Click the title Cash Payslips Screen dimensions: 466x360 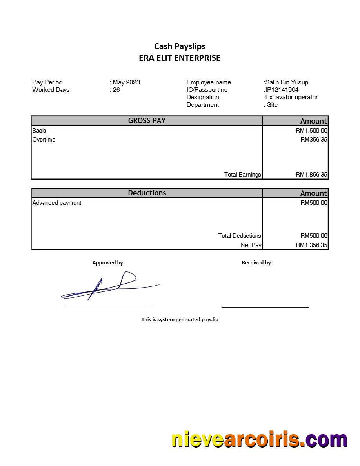tap(180, 46)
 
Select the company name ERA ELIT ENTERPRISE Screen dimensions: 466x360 tap(180, 58)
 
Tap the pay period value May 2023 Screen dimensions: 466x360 tap(126, 82)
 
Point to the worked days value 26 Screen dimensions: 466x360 tap(116, 90)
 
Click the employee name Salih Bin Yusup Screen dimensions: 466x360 tap(287, 82)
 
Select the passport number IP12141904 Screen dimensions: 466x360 tap(282, 90)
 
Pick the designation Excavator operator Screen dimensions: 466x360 tap(291, 97)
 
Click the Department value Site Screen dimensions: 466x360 tap(272, 105)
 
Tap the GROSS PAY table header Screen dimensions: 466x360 tap(147, 121)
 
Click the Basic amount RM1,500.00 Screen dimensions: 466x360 tap(311, 131)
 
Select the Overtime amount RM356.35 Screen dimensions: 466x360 tap(314, 140)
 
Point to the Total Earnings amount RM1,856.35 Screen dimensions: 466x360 tap(311, 175)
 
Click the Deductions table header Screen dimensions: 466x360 tap(147, 193)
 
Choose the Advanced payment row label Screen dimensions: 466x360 tap(57, 203)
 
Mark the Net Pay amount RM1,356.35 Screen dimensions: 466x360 tap(311, 245)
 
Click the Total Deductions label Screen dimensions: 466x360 tap(239, 236)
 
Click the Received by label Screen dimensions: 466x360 tap(257, 263)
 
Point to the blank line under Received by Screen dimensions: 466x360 tap(265, 307)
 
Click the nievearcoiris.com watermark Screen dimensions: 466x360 tap(259, 440)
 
